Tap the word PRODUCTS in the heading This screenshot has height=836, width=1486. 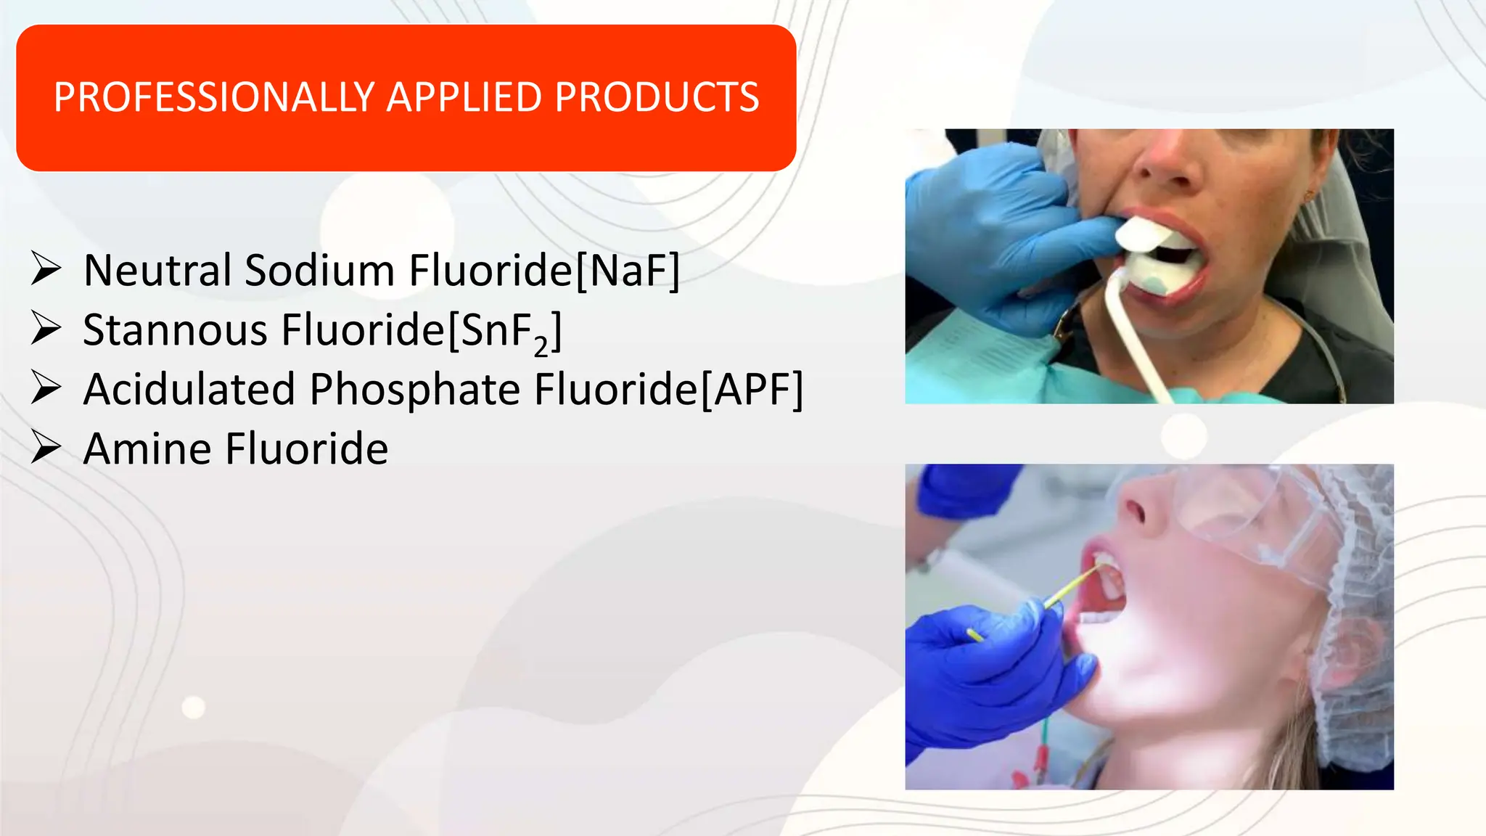click(x=657, y=97)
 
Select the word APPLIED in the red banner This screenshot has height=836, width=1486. click(x=464, y=97)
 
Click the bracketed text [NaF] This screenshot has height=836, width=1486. click(x=628, y=271)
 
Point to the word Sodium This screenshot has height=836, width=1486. click(x=319, y=271)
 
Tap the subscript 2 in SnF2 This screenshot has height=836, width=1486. click(x=541, y=348)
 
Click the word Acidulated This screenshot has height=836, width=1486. click(x=189, y=390)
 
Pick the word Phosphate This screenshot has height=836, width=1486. click(x=415, y=390)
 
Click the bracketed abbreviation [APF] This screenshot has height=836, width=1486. click(x=752, y=390)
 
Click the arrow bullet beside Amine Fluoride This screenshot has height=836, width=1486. click(x=46, y=448)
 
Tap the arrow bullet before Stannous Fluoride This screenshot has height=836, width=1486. click(x=46, y=329)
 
